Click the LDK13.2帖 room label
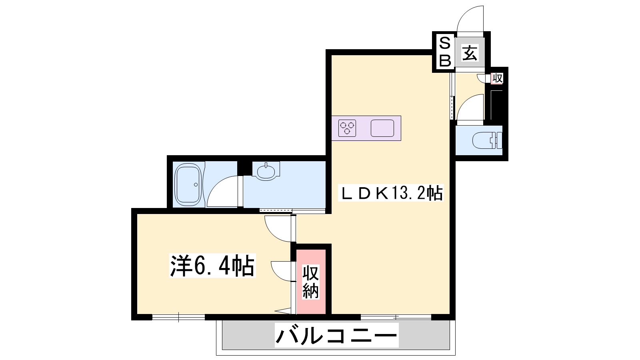coord(390,193)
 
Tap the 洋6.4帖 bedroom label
coord(212,266)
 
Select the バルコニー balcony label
coord(336,335)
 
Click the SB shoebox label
coord(444,52)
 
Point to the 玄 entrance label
coord(470,53)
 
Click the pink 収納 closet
coord(311,282)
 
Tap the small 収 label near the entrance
coord(497,78)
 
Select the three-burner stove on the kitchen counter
coord(347,128)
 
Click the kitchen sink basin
coord(382,128)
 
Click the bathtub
coord(188,184)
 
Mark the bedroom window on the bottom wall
coord(178,317)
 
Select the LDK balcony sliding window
coord(396,317)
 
